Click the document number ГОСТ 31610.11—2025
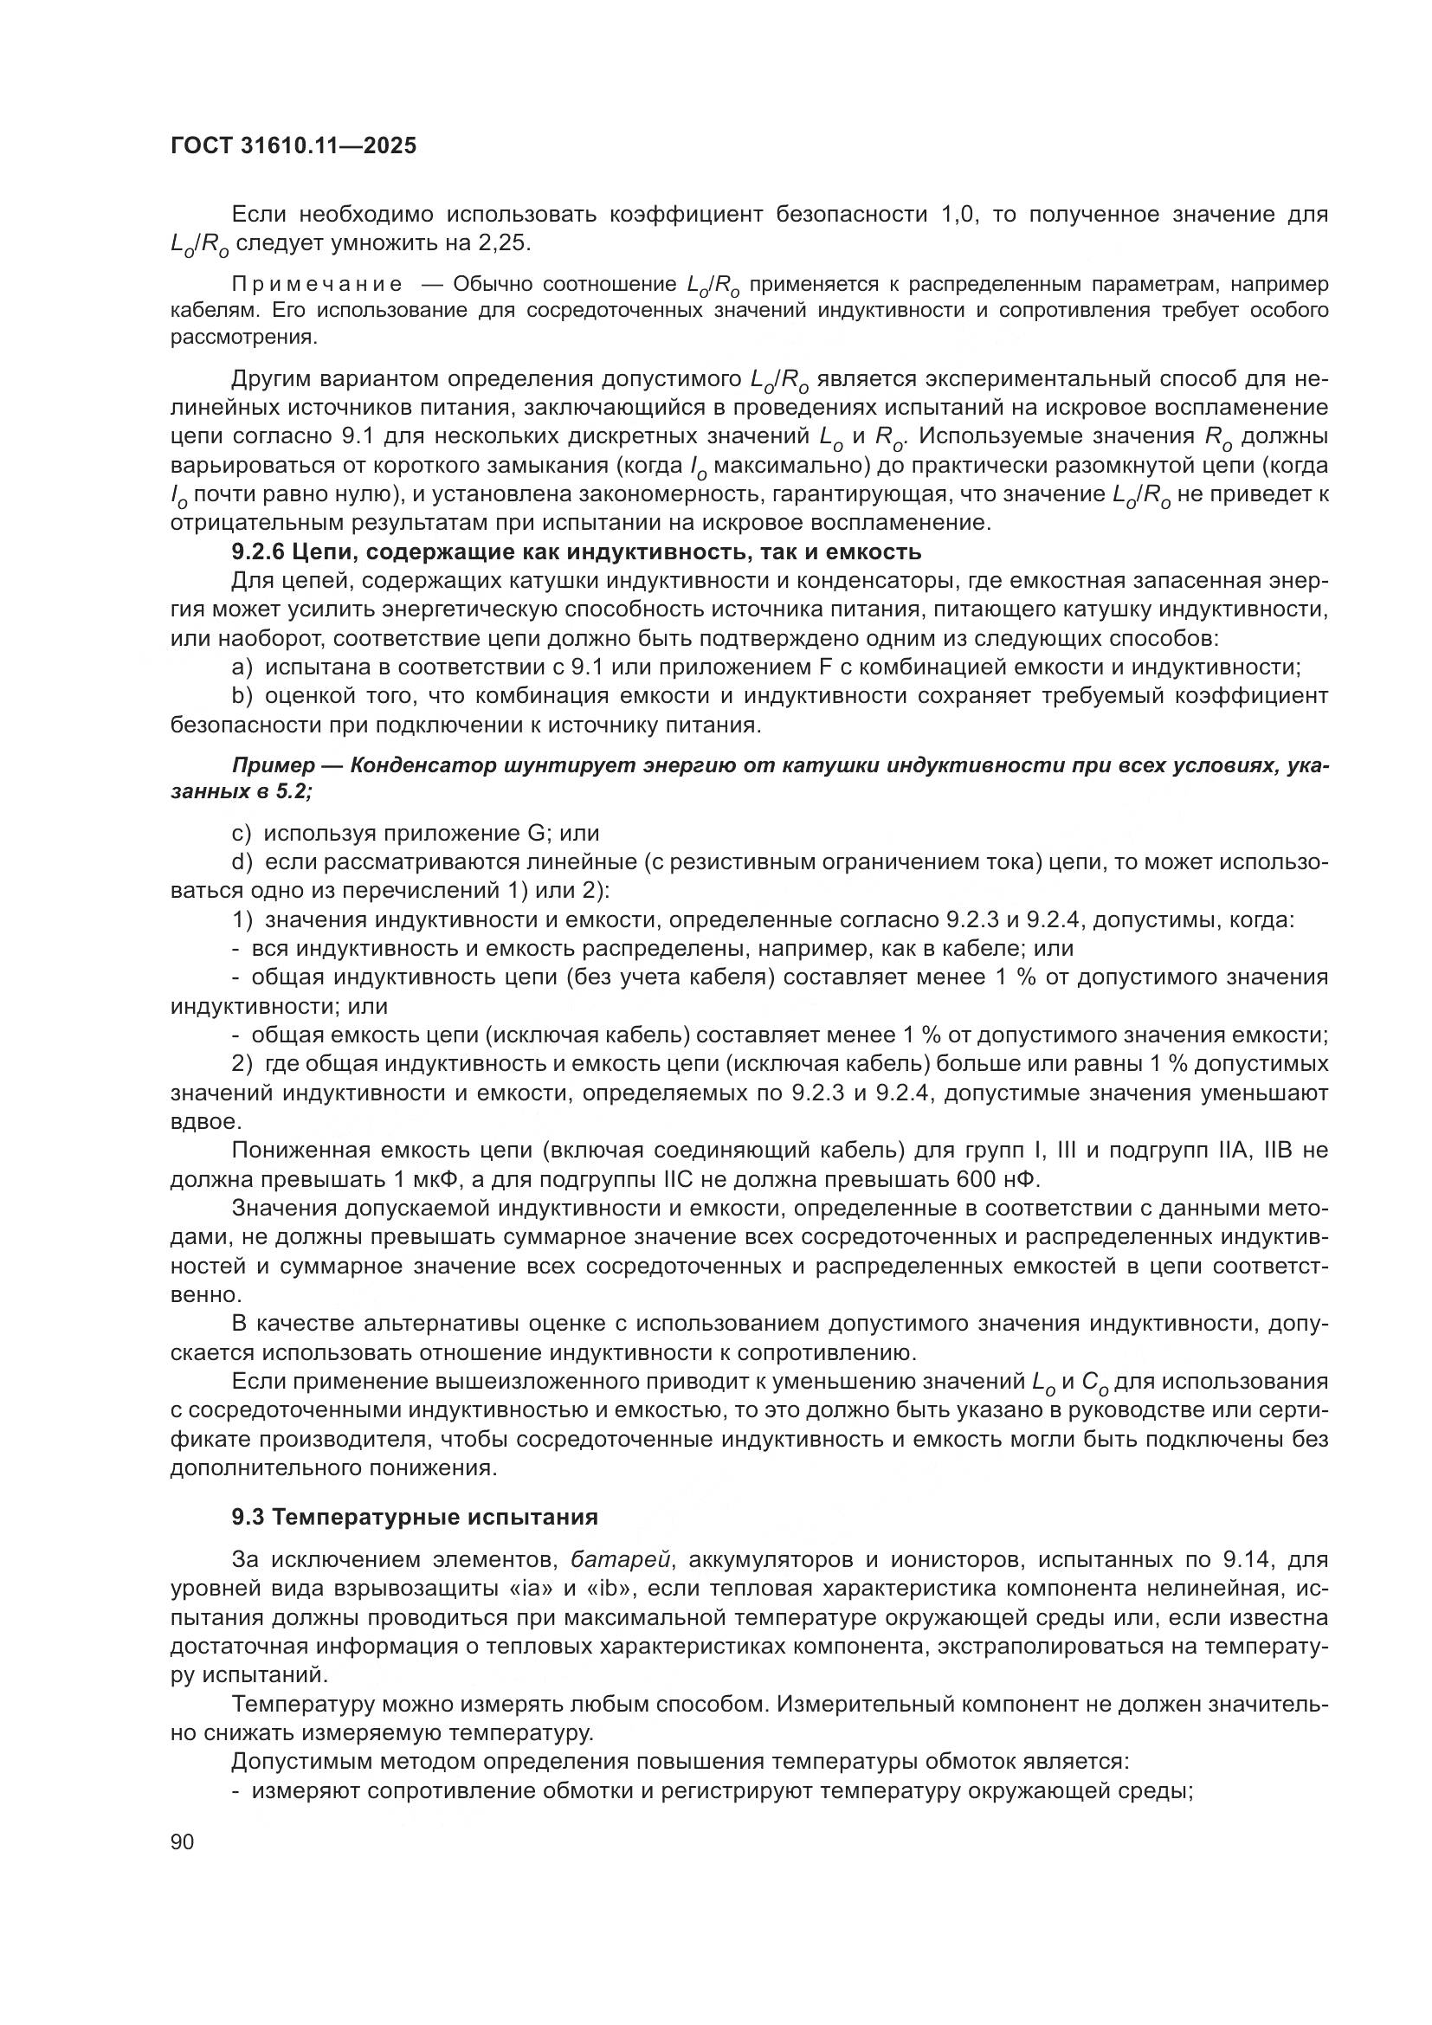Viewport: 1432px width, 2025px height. click(x=293, y=145)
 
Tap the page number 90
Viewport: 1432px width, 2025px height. click(x=182, y=1841)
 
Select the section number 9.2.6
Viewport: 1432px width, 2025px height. click(x=257, y=552)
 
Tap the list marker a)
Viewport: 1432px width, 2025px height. click(x=242, y=667)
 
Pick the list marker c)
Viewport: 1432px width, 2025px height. click(x=242, y=833)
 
